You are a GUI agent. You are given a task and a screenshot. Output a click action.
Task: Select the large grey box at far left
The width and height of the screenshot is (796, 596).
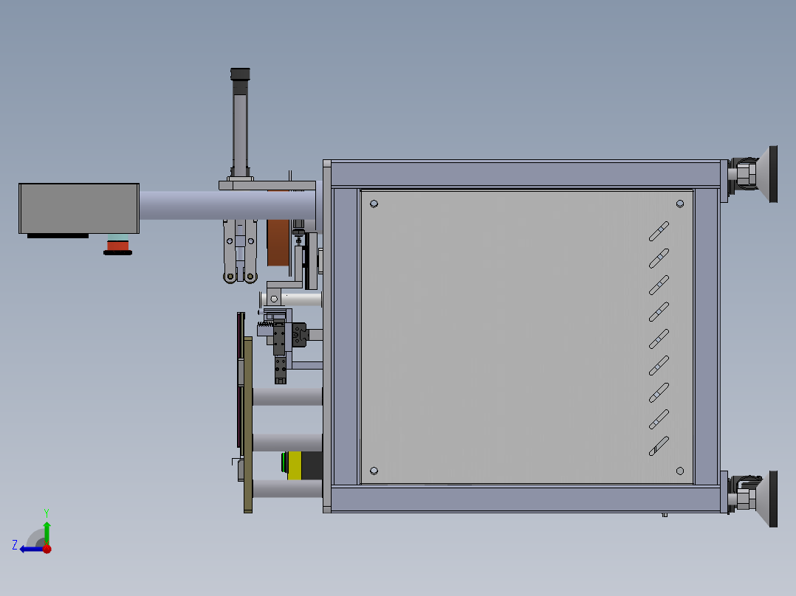(79, 208)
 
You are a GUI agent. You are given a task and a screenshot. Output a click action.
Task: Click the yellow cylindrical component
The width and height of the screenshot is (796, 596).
(295, 465)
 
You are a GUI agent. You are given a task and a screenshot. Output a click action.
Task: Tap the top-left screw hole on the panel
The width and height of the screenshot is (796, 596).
(374, 204)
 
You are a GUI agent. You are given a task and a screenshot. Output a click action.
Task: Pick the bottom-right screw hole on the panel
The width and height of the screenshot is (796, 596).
(680, 471)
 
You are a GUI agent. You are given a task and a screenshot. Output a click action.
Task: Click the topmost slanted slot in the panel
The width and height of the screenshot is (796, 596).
(659, 232)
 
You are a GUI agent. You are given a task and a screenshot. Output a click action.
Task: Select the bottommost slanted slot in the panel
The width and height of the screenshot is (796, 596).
(659, 446)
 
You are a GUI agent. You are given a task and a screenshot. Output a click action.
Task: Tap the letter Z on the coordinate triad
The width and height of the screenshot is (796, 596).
(15, 545)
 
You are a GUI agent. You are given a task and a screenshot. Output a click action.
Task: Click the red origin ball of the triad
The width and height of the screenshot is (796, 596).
(47, 549)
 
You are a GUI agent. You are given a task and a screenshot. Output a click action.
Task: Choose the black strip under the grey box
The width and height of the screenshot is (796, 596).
(58, 236)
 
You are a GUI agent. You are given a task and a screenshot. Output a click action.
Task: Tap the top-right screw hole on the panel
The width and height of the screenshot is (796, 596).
(680, 204)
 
